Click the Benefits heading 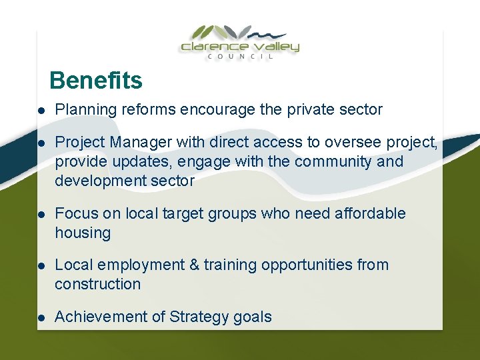(95, 81)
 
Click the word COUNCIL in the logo (240, 57)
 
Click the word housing (83, 233)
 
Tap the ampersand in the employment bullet (195, 265)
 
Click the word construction (98, 284)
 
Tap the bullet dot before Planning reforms (41, 110)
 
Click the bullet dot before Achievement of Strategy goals (41, 317)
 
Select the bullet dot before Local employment (41, 265)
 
